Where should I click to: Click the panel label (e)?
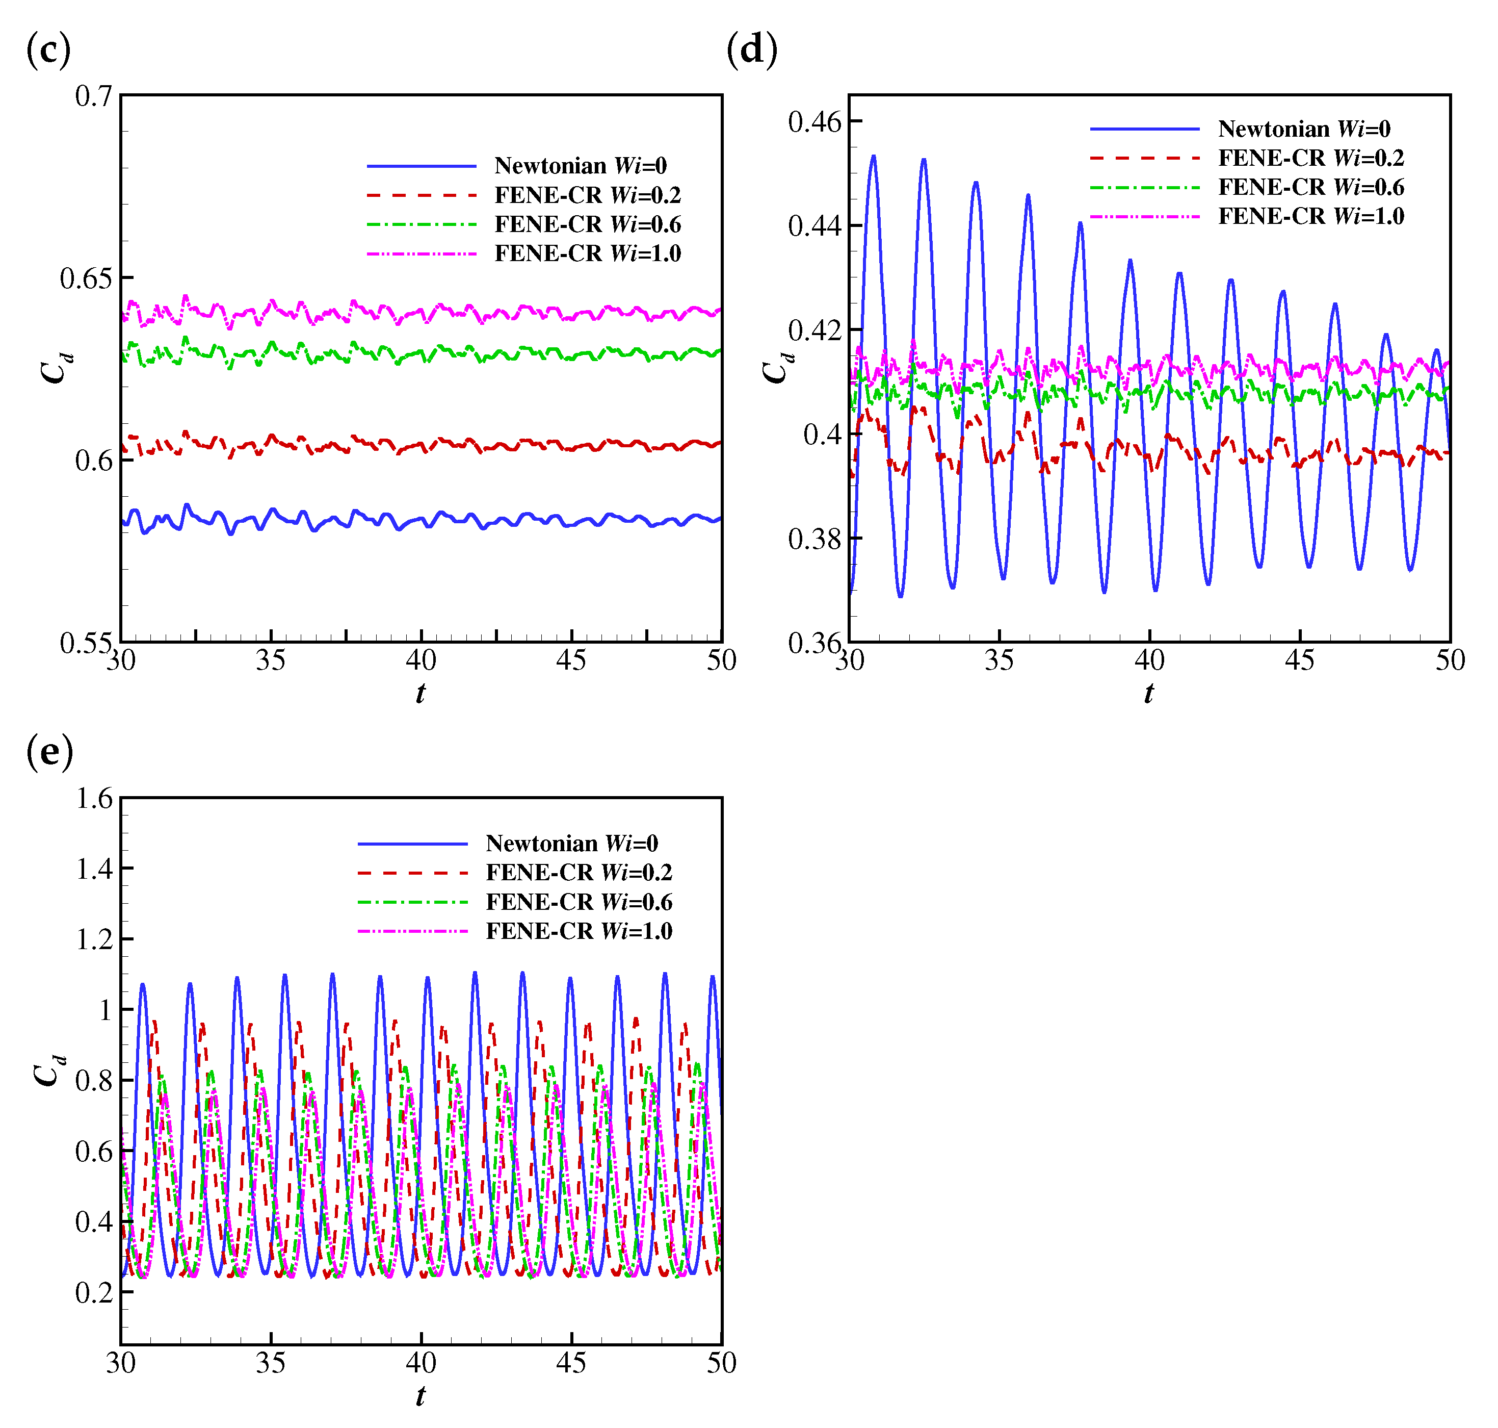49,752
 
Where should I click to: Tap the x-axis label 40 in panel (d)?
1149,660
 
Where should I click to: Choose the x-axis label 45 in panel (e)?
570,1363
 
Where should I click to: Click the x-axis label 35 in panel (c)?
270,660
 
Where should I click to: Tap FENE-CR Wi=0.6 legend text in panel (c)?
587,224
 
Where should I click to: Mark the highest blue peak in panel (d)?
874,157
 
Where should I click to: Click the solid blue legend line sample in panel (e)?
412,844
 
